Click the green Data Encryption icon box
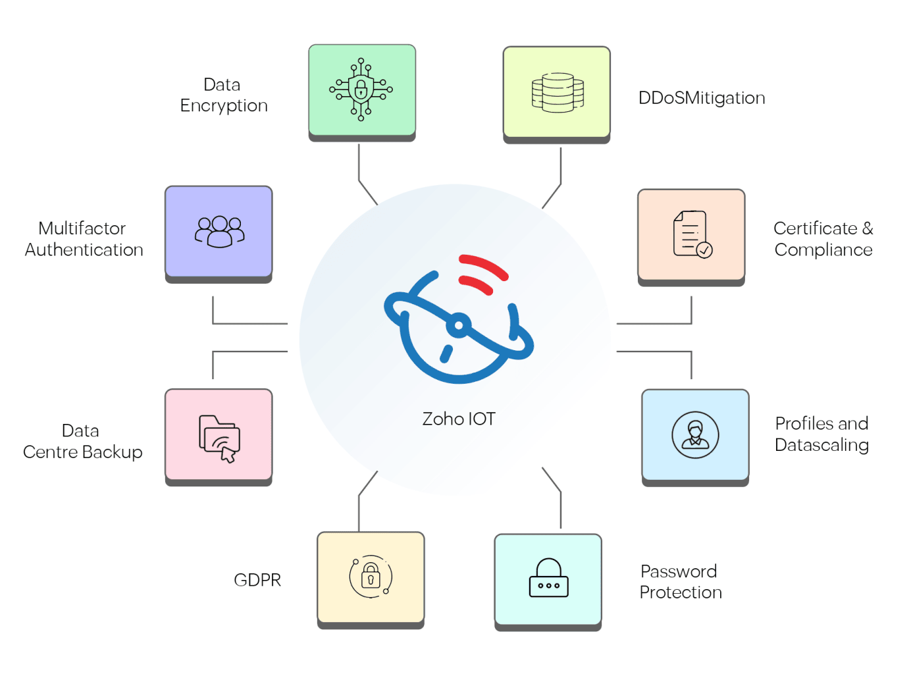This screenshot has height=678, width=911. pyautogui.click(x=361, y=90)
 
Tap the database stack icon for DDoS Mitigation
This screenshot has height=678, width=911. pyautogui.click(x=558, y=93)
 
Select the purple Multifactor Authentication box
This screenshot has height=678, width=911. pyautogui.click(x=218, y=231)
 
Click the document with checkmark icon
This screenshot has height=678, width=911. pyautogui.click(x=692, y=234)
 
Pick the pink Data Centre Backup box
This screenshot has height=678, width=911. pyautogui.click(x=218, y=434)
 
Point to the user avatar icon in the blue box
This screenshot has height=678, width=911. pyautogui.click(x=695, y=435)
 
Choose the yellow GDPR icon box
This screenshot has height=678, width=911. pyautogui.click(x=371, y=577)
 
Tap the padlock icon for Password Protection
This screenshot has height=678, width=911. pyautogui.click(x=548, y=578)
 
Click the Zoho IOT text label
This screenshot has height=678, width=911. pyautogui.click(x=459, y=419)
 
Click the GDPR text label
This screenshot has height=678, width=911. pyautogui.click(x=257, y=580)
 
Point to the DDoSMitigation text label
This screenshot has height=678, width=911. pyautogui.click(x=702, y=98)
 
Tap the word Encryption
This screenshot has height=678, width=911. pyautogui.click(x=224, y=106)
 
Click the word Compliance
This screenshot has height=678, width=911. pyautogui.click(x=823, y=250)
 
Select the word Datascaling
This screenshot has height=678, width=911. pyautogui.click(x=821, y=445)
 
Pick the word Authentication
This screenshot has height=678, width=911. pyautogui.click(x=84, y=250)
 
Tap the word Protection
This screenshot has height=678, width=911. pyautogui.click(x=681, y=592)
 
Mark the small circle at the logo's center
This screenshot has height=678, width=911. pyautogui.click(x=459, y=325)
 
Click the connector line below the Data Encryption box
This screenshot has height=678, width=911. pyautogui.click(x=359, y=165)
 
